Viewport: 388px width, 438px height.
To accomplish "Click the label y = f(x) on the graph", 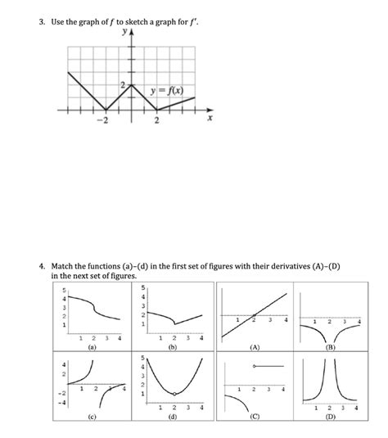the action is pyautogui.click(x=173, y=88).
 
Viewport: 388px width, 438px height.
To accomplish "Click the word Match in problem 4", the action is pyautogui.click(x=65, y=267).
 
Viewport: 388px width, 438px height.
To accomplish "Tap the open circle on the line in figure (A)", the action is pyautogui.click(x=254, y=315).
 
